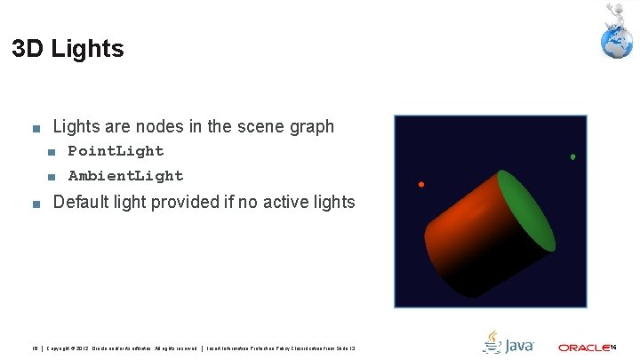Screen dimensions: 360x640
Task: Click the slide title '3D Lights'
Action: point(68,49)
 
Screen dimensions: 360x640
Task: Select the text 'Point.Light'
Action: point(116,151)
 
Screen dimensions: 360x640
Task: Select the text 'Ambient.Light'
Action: point(125,176)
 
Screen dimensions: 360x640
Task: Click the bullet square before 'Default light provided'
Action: point(35,204)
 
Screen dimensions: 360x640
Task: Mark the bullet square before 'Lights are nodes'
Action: point(35,128)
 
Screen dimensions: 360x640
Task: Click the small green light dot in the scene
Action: point(572,157)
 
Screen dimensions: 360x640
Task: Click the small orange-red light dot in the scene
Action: point(421,185)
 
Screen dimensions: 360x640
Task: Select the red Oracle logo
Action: point(583,348)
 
